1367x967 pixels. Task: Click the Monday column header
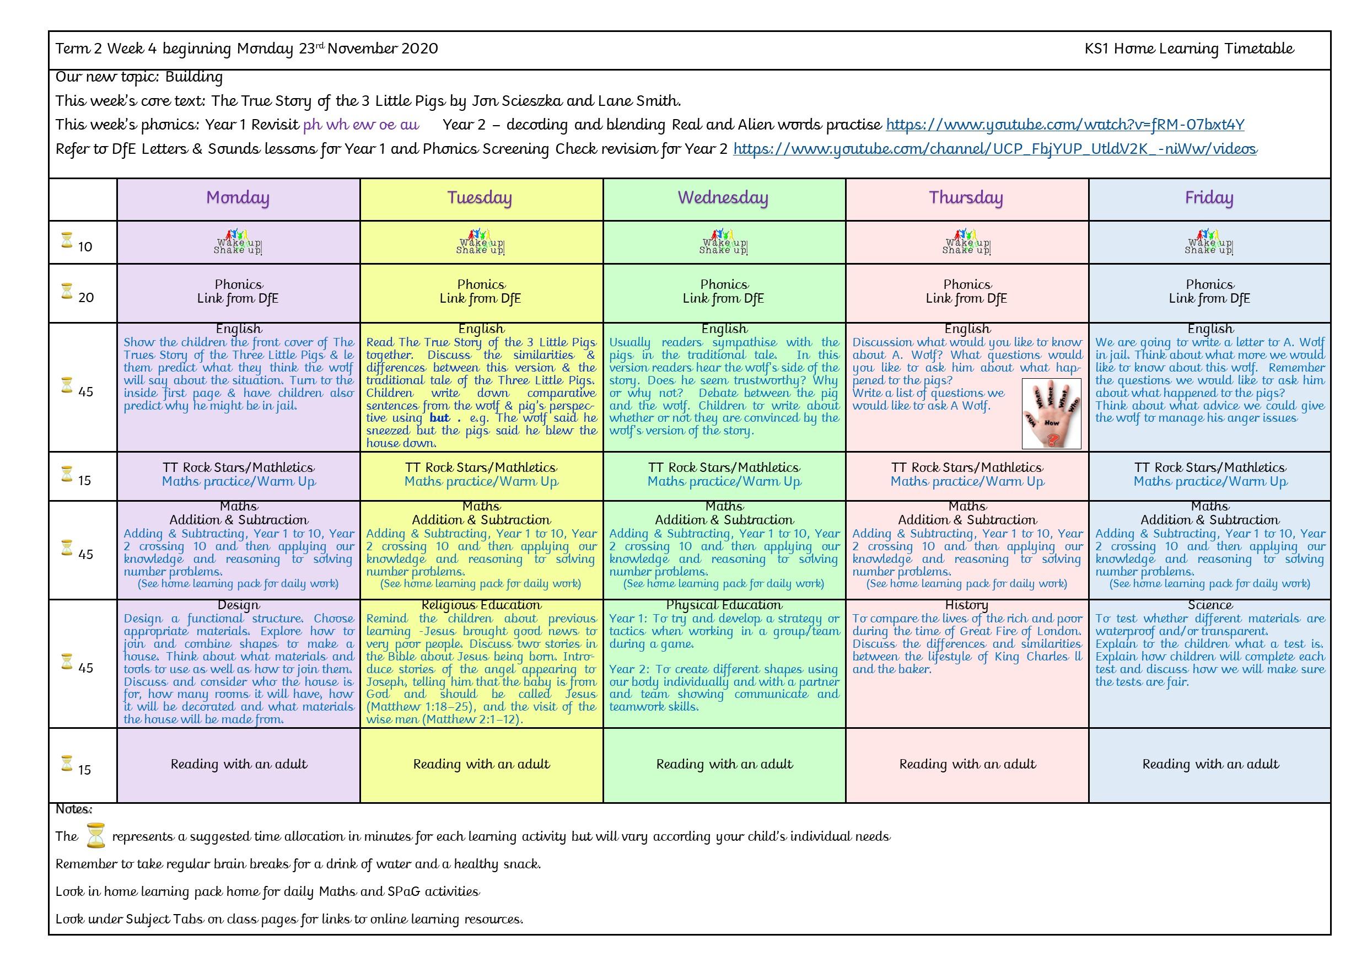[238, 198]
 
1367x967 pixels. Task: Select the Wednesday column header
[723, 198]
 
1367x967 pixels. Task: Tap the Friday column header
[1209, 198]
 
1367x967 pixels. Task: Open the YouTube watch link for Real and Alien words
[1064, 125]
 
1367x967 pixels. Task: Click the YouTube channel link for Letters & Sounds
[995, 149]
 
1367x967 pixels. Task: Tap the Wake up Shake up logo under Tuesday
[480, 243]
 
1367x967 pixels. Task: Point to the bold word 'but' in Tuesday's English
[440, 418]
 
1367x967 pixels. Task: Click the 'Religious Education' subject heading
[481, 605]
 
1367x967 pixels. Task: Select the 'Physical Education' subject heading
[724, 605]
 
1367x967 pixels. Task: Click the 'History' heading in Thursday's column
[966, 605]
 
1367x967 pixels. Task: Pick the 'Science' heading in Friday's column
[1210, 605]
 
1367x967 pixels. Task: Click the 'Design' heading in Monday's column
[238, 605]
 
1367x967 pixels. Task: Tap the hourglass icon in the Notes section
[95, 835]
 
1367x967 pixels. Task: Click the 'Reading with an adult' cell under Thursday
[967, 764]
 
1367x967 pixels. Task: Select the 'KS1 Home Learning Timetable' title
[1189, 49]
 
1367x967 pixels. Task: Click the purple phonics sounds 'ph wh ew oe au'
[361, 125]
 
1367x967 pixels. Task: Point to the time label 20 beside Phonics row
[86, 298]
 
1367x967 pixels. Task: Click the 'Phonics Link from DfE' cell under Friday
[1209, 292]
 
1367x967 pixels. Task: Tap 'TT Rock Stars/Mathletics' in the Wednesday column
[724, 468]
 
